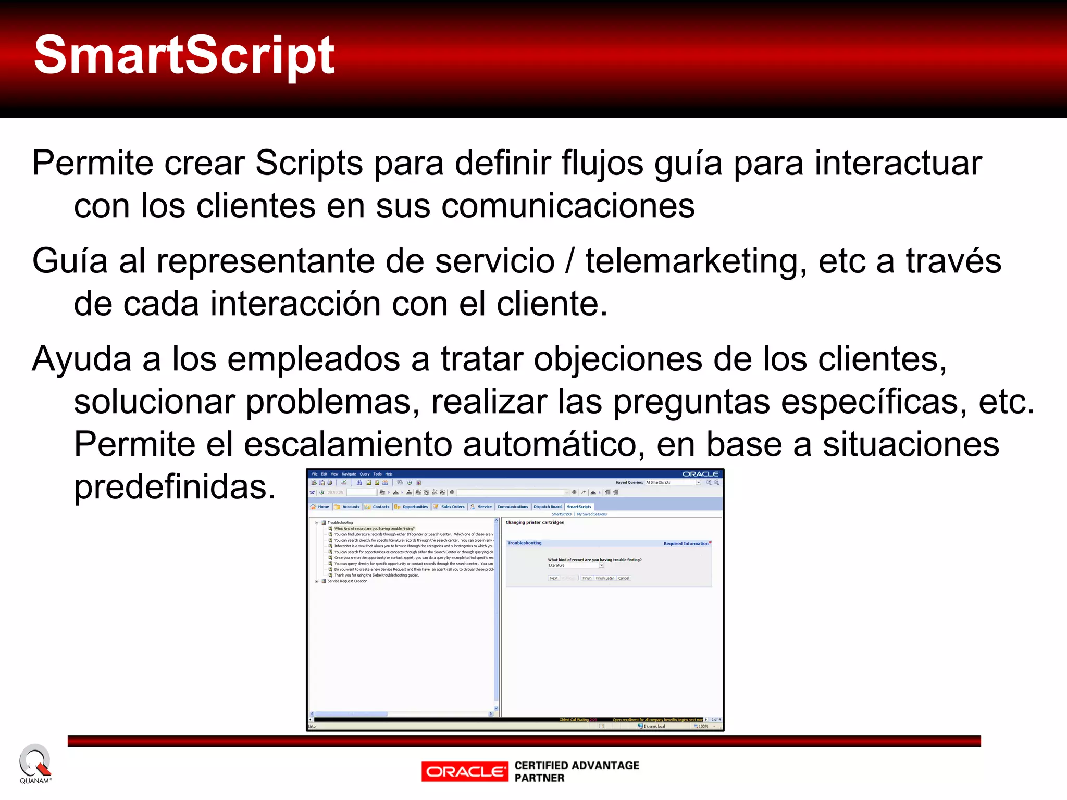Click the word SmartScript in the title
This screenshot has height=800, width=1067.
(184, 55)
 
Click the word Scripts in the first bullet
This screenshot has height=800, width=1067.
(308, 164)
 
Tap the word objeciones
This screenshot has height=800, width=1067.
(617, 359)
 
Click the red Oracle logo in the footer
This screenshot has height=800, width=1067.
(465, 771)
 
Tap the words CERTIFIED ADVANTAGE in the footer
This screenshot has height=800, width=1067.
(577, 765)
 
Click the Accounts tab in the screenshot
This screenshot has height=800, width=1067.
(351, 507)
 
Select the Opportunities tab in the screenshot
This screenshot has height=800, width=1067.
(415, 507)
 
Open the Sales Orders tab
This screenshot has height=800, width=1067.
(452, 507)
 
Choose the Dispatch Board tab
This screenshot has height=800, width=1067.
(548, 507)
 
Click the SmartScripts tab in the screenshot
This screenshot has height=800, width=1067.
(579, 507)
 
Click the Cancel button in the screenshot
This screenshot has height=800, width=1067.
(623, 578)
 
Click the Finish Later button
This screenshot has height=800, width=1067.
(604, 578)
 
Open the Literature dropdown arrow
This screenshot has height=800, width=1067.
(601, 565)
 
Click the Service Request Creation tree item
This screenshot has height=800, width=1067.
(347, 581)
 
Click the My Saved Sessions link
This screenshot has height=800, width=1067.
(592, 514)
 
